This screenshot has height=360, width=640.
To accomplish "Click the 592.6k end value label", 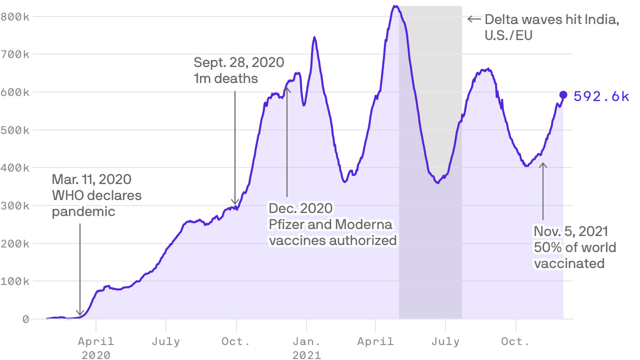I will point(601,97).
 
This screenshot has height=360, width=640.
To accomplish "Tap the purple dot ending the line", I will point(563,95).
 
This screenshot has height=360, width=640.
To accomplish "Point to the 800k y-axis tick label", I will point(15,17).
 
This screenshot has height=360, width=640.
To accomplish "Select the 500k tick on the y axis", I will point(15,130).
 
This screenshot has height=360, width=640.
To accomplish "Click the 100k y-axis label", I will point(15,282).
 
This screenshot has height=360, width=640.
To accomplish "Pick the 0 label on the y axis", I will point(25,320).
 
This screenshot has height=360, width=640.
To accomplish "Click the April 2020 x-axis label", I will point(96,348).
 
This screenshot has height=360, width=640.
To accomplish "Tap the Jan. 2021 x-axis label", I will point(306,348).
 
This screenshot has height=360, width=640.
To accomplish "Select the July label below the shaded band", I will point(446,341).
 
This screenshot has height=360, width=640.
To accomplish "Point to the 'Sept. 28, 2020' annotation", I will point(238,62).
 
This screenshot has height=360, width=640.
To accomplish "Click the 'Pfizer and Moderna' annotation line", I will point(330,225).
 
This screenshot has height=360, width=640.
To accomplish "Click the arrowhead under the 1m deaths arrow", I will point(235,203).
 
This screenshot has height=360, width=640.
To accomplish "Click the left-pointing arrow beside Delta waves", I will point(474,19).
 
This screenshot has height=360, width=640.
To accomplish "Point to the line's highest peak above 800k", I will point(395,6).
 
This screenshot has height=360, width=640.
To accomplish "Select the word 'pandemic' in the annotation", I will point(83,211).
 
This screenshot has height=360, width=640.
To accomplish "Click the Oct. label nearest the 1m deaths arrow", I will point(236,341).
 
